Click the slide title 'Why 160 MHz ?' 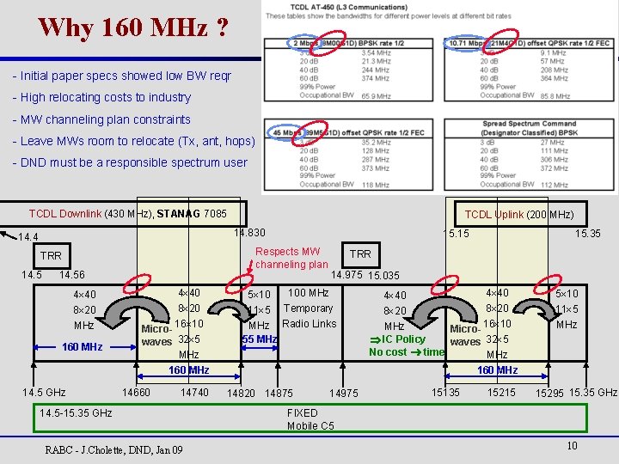click(133, 27)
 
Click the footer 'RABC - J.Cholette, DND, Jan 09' click(113, 449)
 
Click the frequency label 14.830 click(249, 232)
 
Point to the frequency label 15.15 click(456, 234)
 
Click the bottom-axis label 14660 click(136, 393)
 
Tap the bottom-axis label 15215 click(501, 393)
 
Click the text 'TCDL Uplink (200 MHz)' click(519, 214)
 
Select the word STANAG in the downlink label click(177, 213)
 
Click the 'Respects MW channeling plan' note click(291, 258)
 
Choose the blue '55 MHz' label click(259, 339)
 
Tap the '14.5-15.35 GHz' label click(76, 412)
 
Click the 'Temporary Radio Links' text click(309, 315)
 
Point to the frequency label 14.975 click(347, 275)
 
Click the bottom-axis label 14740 click(194, 393)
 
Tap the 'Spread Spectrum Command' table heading click(528, 124)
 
